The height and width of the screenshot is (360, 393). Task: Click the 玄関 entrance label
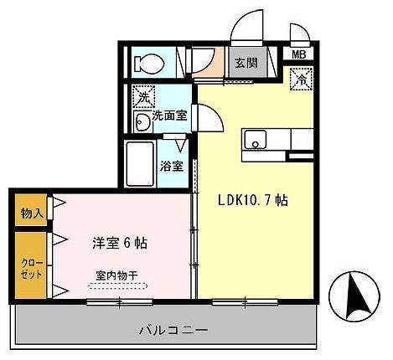[245, 62]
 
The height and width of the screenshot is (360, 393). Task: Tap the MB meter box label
[298, 55]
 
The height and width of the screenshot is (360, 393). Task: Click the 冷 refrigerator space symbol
[299, 80]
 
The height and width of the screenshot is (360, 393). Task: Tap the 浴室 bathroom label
[173, 166]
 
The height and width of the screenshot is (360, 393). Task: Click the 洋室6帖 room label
[121, 243]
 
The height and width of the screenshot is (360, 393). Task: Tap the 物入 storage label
[31, 213]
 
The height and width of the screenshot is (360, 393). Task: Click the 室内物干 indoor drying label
[116, 273]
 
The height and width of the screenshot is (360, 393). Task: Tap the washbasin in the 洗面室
[142, 124]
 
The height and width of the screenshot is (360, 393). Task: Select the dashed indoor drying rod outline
[116, 285]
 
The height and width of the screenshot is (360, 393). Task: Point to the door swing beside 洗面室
[208, 118]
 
